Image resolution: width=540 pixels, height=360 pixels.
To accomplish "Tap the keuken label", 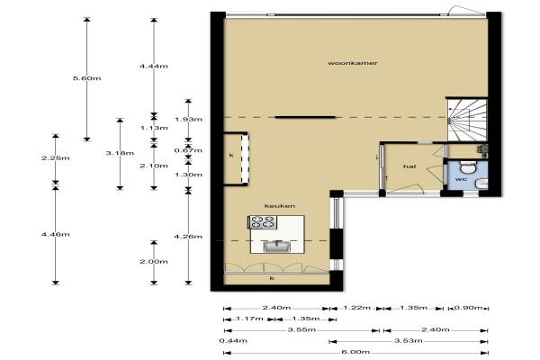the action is click(280, 206).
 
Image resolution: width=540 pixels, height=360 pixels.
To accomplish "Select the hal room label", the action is click(409, 166).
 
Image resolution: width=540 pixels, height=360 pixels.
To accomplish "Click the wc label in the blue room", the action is click(461, 179).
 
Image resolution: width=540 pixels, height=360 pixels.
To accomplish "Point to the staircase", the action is click(467, 120).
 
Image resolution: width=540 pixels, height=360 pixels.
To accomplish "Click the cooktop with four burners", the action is click(263, 222).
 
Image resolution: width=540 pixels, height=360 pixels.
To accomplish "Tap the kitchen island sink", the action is click(276, 246).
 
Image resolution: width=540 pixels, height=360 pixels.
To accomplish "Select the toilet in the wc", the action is click(467, 167).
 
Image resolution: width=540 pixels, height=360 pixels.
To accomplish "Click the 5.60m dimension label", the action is click(86, 78).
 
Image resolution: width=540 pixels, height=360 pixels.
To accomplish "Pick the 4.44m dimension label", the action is click(154, 66).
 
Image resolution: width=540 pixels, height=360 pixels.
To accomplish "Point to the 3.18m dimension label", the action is click(120, 153).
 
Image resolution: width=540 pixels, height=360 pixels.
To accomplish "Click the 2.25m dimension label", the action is click(56, 158).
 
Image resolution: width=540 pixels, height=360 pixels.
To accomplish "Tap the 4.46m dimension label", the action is click(56, 235).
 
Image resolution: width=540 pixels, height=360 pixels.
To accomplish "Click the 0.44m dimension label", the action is click(233, 341).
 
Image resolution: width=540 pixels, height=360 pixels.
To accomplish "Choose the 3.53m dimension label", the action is click(409, 341).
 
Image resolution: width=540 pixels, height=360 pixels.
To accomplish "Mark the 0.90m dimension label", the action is click(468, 308).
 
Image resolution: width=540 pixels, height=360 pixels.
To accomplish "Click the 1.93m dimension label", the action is click(188, 120).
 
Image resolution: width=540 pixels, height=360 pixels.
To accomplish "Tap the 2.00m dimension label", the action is click(154, 262).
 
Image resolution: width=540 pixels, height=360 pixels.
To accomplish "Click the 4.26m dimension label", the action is click(188, 237).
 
